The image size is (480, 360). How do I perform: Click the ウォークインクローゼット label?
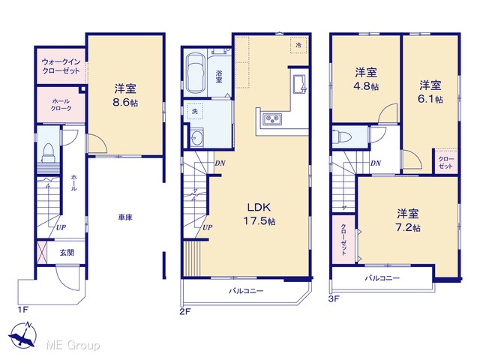click(x=61, y=66)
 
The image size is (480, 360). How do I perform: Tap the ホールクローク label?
click(x=61, y=105)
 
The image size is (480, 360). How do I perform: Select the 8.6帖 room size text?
click(x=125, y=103)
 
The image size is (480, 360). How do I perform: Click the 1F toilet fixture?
click(x=48, y=153)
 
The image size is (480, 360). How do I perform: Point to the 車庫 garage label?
click(x=125, y=217)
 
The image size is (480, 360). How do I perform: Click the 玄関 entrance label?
click(x=67, y=253)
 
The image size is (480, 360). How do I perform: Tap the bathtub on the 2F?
click(x=195, y=73)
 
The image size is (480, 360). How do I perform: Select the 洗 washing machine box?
click(x=195, y=112)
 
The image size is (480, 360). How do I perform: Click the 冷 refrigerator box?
click(x=298, y=45)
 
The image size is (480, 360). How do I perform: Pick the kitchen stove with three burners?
click(x=272, y=118)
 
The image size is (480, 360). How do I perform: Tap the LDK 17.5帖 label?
click(x=259, y=214)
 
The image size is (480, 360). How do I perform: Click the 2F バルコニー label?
click(x=246, y=291)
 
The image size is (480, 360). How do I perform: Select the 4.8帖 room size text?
click(x=366, y=87)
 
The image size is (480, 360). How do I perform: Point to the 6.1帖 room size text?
click(x=430, y=100)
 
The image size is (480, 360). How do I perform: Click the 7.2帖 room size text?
click(x=408, y=228)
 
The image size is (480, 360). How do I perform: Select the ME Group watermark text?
click(x=73, y=345)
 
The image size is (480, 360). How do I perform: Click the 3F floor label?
click(x=334, y=298)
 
